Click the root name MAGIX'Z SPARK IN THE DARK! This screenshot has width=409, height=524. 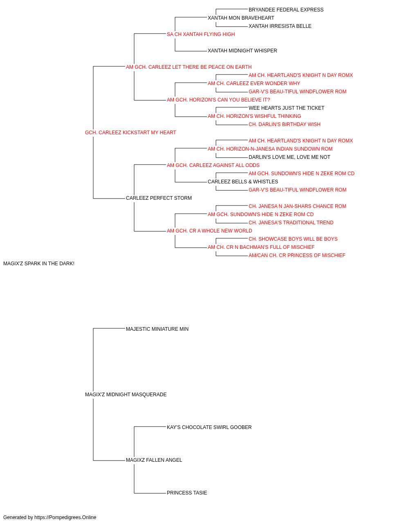click(x=39, y=264)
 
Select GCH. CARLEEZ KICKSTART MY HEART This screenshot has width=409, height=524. click(x=130, y=133)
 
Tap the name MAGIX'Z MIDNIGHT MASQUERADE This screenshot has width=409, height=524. click(x=126, y=395)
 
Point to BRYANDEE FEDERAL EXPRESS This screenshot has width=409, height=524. click(x=286, y=10)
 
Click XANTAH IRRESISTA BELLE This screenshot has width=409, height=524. click(x=280, y=26)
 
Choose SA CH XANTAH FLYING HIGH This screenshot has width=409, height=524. click(x=201, y=34)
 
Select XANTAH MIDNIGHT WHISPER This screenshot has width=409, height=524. click(x=242, y=51)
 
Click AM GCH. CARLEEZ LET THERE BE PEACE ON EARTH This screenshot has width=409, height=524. click(x=189, y=67)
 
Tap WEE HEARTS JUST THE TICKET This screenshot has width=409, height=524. click(x=286, y=108)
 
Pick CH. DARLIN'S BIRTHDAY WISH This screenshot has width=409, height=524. click(x=285, y=124)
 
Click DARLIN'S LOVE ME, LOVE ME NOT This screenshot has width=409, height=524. click(x=289, y=157)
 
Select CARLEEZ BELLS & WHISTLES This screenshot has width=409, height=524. click(x=243, y=182)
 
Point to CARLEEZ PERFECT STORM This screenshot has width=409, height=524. click(x=159, y=198)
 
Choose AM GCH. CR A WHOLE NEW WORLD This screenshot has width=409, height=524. click(x=209, y=231)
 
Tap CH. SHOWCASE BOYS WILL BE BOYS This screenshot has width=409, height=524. click(x=293, y=239)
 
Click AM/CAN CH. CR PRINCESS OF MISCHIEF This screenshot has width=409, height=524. click(x=297, y=255)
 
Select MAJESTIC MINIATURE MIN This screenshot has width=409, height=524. click(x=157, y=329)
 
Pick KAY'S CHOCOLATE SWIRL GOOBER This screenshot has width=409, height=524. click(x=209, y=427)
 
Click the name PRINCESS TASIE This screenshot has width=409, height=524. click(x=187, y=493)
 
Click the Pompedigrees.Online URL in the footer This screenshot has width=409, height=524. click(x=65, y=517)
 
